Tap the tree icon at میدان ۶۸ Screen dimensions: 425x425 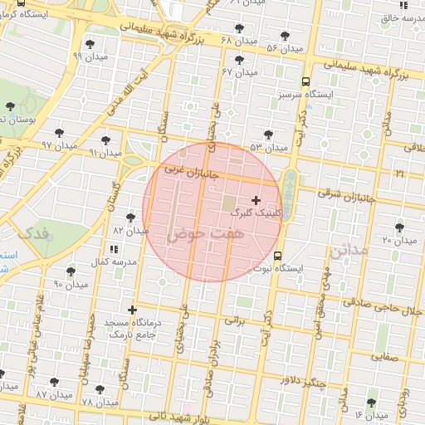239,28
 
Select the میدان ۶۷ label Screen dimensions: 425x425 239,72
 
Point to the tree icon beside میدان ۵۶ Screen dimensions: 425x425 286,36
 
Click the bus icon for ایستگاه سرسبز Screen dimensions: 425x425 306,81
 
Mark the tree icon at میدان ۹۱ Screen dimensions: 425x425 105,139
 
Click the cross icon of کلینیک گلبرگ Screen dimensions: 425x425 255,199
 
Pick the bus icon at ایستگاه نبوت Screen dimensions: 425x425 277,256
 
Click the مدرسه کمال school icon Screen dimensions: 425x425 113,248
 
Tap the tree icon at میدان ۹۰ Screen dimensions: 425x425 71,271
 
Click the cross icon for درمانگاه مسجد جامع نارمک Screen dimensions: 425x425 132,310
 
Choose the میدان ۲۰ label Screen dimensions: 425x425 398,240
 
